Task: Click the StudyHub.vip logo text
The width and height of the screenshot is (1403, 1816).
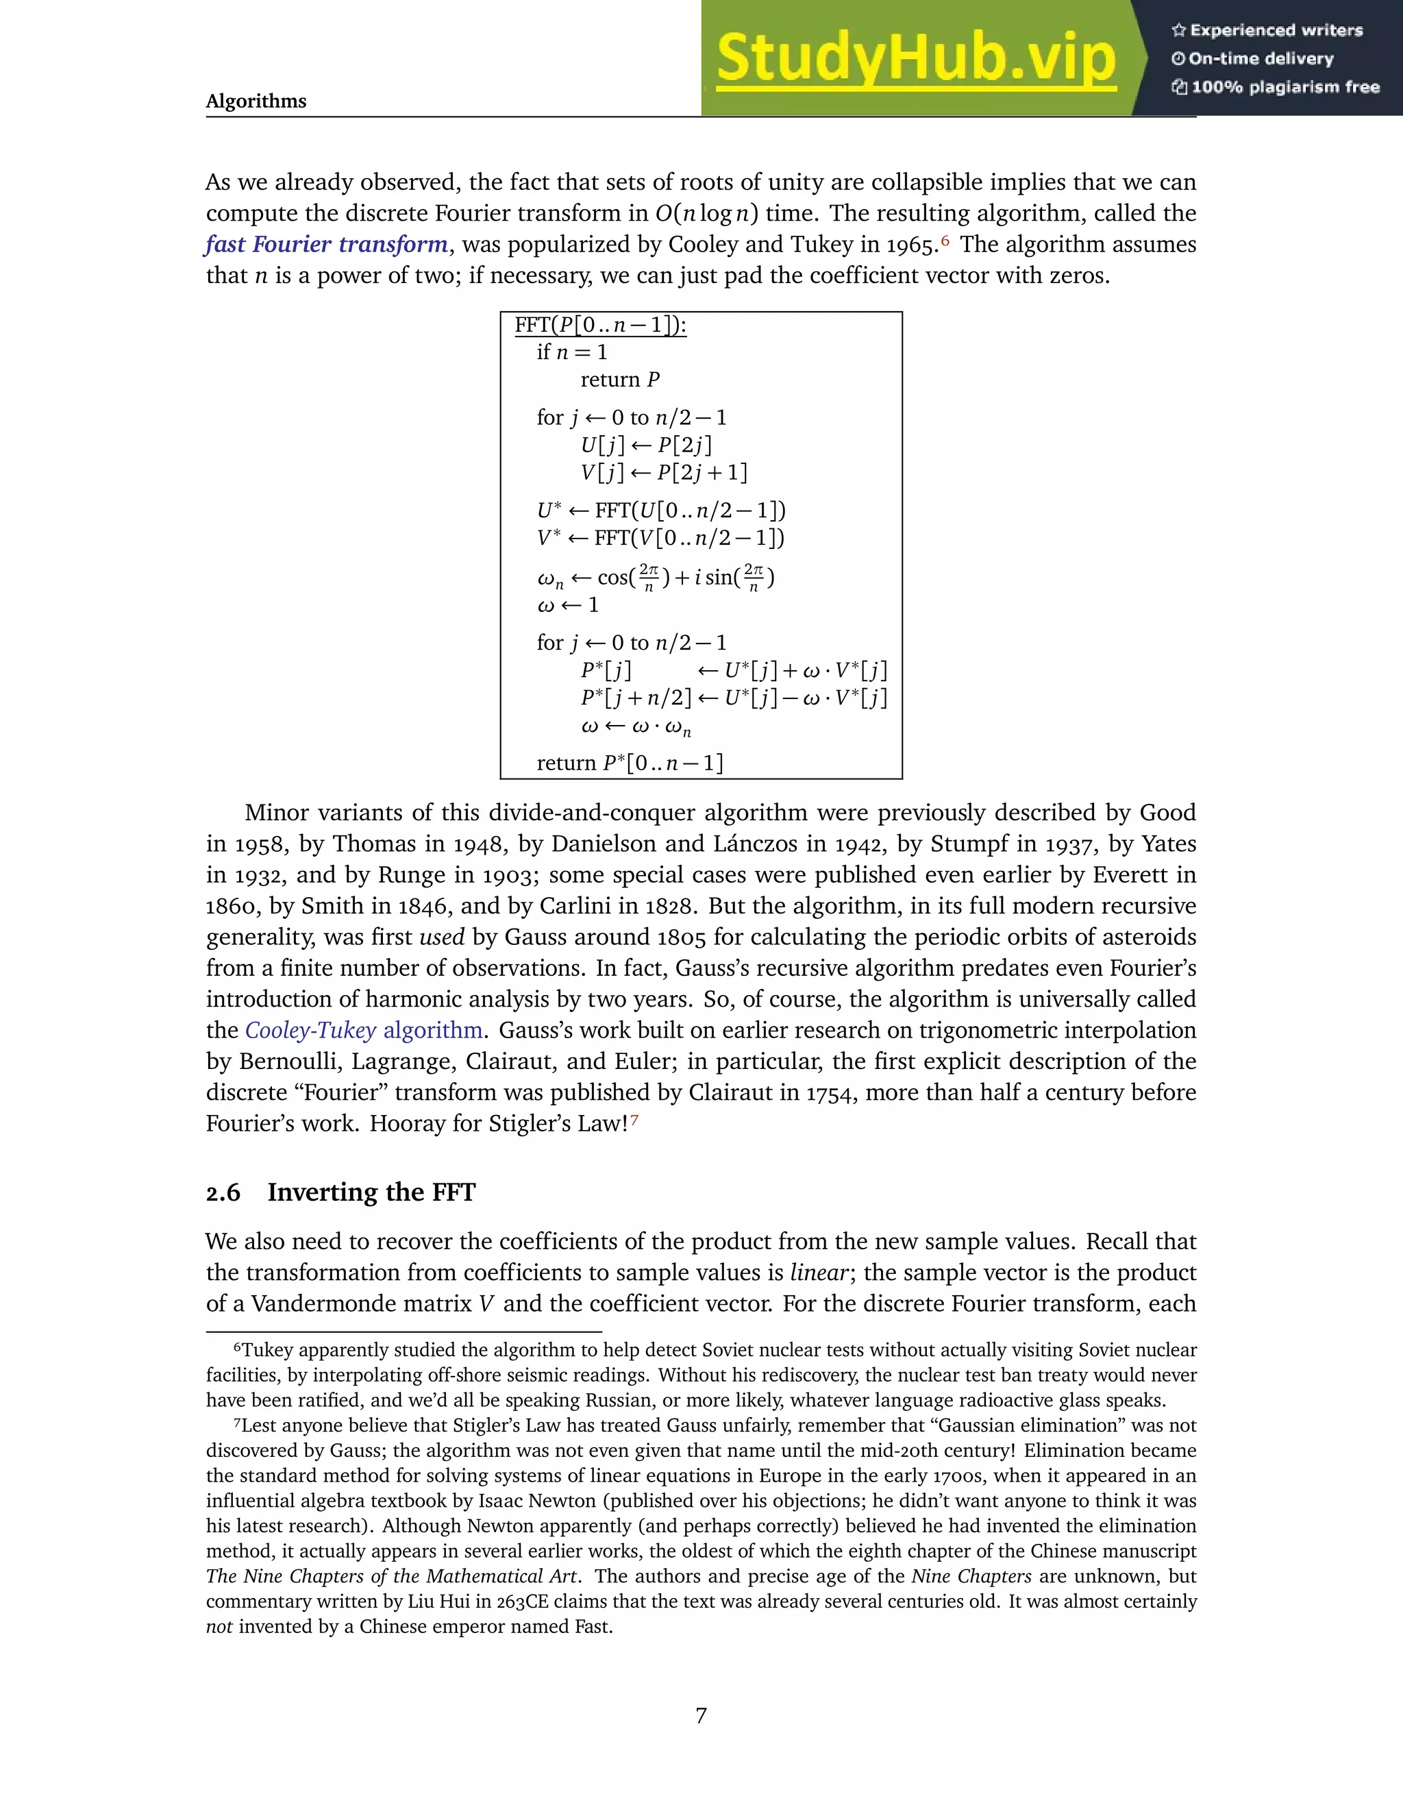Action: pos(915,58)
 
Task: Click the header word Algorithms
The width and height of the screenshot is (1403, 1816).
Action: pos(256,101)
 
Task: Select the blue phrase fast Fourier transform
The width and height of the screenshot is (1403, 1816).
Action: pos(327,245)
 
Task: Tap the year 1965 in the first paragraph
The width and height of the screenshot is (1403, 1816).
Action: pos(912,245)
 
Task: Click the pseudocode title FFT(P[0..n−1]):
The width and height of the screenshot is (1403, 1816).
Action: pos(600,325)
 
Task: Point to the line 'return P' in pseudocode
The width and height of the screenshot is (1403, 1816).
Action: pos(619,380)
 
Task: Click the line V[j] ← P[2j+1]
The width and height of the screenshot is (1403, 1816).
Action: pos(663,473)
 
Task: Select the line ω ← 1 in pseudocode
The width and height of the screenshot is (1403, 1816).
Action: pos(568,605)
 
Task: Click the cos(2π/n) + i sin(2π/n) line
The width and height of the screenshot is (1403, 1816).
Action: pos(656,577)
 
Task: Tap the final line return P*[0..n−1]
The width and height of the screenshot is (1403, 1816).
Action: pos(629,763)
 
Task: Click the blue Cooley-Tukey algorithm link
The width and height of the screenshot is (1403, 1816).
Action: pos(364,1030)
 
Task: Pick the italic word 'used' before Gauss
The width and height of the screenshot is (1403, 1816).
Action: pos(441,937)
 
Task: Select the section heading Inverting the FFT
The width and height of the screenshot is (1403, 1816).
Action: pos(371,1192)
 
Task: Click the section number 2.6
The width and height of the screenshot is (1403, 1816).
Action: pos(223,1193)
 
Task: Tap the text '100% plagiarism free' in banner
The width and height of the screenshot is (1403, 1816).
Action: pos(1284,87)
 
